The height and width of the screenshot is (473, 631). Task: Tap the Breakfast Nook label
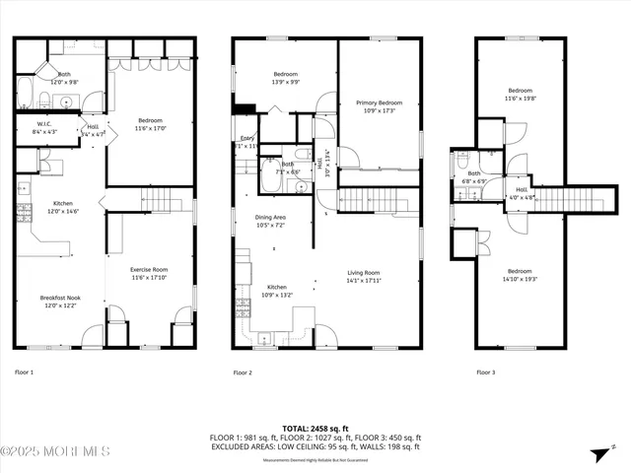point(59,298)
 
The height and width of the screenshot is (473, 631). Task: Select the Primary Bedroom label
point(379,102)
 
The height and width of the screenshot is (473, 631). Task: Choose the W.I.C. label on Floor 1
point(44,124)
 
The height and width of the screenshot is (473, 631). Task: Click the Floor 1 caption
point(25,372)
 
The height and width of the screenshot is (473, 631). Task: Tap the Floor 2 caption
point(243,372)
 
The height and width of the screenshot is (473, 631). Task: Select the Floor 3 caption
point(486,372)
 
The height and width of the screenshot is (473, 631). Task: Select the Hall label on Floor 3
point(522,190)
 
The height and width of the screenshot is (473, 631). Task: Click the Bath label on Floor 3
point(473,173)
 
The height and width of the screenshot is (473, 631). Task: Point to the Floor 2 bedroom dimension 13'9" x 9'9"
point(284,82)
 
